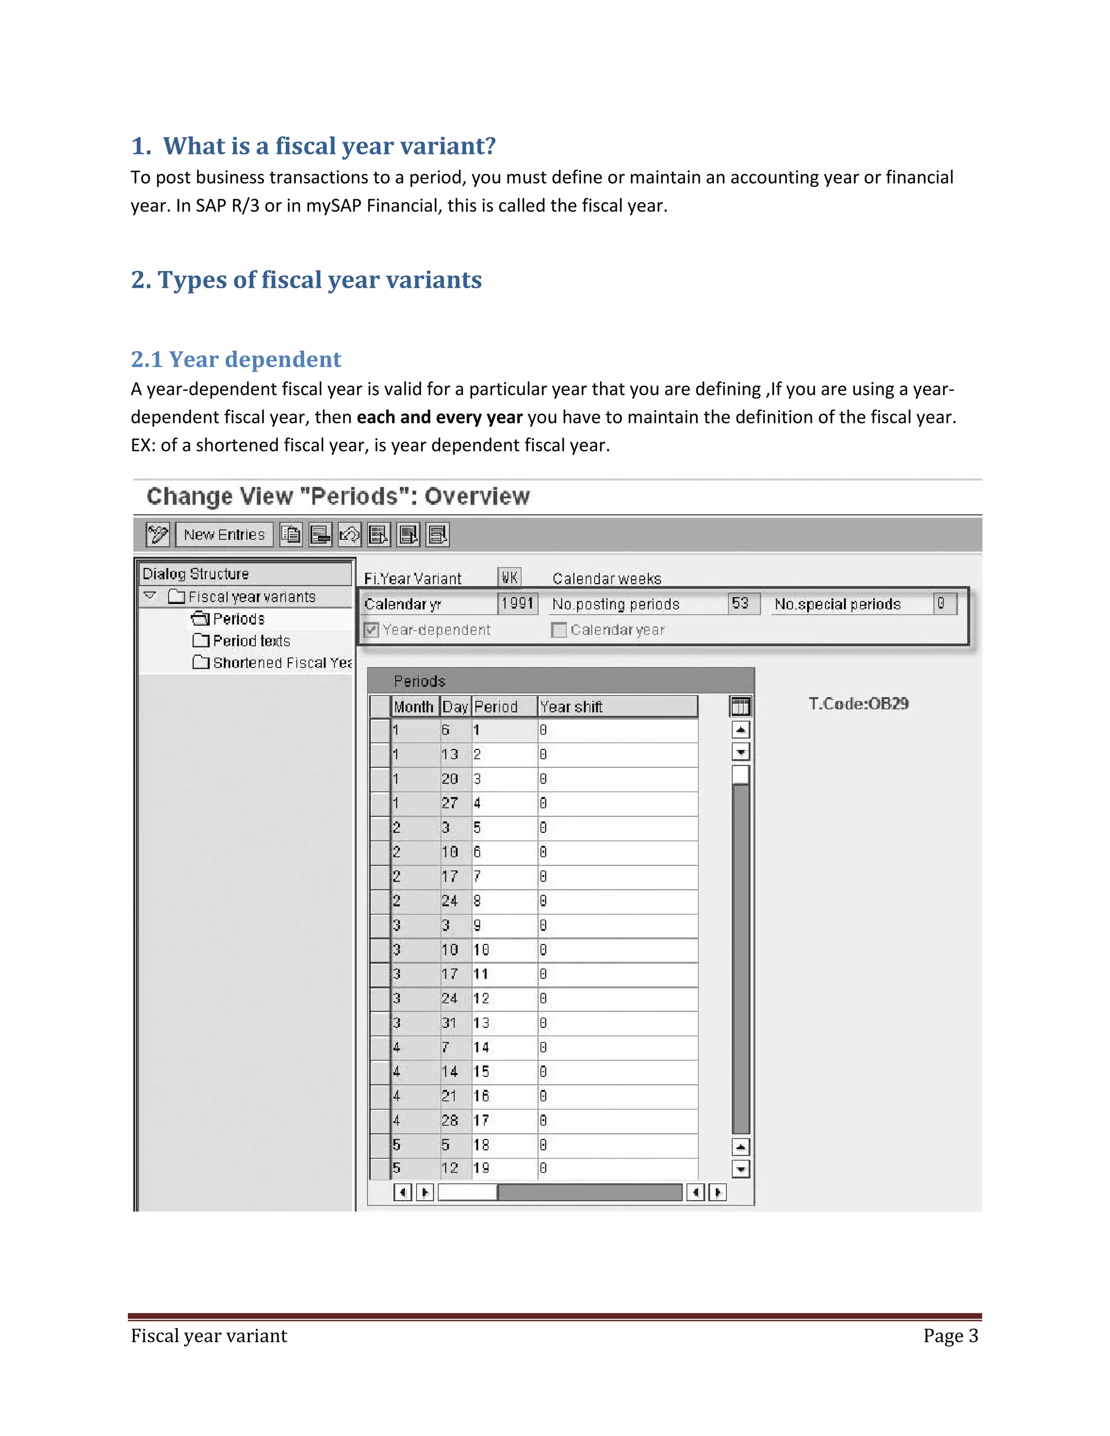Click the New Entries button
click(224, 534)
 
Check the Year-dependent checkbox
click(371, 630)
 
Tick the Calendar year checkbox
click(559, 630)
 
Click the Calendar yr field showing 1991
click(518, 604)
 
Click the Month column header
click(414, 707)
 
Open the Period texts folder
click(250, 641)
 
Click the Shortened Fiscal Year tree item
click(281, 663)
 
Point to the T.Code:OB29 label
click(858, 703)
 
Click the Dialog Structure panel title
click(196, 574)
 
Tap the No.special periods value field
click(944, 604)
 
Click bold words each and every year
click(439, 417)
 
